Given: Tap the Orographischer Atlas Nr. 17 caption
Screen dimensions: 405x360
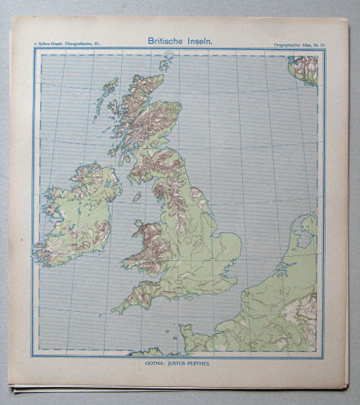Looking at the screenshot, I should pos(299,40).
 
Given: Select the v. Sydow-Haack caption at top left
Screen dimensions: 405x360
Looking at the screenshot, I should pos(67,40).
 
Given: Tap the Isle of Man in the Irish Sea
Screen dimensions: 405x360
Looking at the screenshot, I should pos(137,197).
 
